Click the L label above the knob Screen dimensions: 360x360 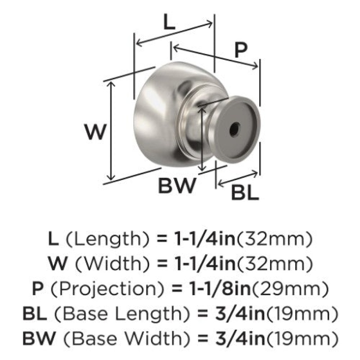pos(169,23)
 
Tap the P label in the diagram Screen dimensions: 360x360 pos(241,50)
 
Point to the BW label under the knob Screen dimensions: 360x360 pos(177,185)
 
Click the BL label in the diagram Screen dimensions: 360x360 pos(245,193)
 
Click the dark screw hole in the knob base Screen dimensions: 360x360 pos(234,130)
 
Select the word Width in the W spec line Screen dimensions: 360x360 pos(112,264)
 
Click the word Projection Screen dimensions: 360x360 pos(107,289)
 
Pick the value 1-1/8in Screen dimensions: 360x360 pos(220,289)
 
